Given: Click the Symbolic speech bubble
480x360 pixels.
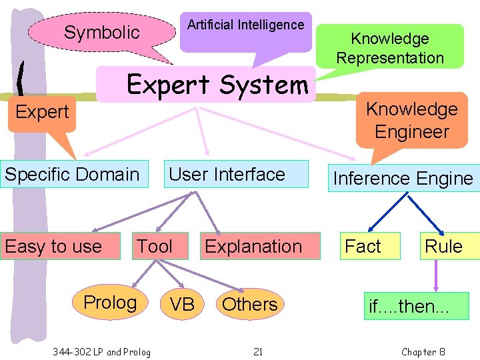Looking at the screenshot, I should click(101, 33).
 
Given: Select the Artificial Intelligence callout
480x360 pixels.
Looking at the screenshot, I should click(245, 30).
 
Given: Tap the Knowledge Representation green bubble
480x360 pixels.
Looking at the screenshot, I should click(390, 47).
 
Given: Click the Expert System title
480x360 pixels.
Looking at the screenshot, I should click(217, 85).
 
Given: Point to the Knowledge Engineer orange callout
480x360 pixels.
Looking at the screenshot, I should click(411, 120).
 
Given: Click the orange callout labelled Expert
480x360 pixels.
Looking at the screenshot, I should click(42, 112).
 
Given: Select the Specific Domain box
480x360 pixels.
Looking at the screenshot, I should click(73, 175).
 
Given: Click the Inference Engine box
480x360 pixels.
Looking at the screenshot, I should click(403, 179).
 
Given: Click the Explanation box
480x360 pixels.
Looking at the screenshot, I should click(253, 247).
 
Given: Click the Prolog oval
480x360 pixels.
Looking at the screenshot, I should click(110, 303).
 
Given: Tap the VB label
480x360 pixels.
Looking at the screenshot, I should click(182, 305).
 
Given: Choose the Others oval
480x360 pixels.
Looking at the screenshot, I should click(249, 305).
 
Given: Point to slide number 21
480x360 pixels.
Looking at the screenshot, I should click(258, 351).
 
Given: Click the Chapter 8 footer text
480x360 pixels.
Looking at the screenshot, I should click(423, 351).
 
